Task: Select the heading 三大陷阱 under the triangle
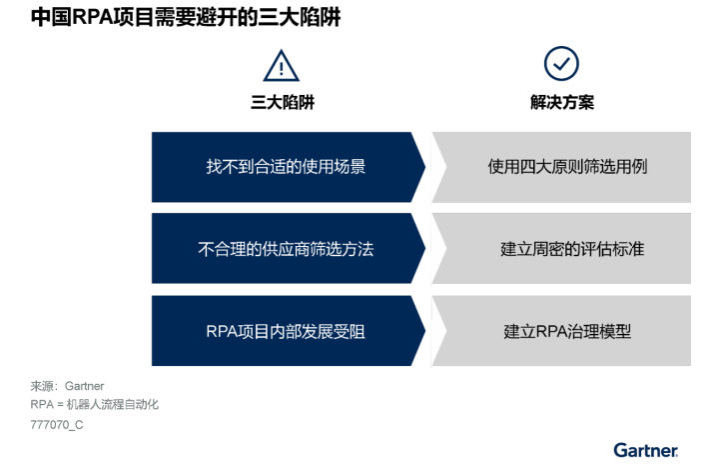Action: pyautogui.click(x=283, y=102)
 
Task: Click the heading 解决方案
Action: pyautogui.click(x=562, y=102)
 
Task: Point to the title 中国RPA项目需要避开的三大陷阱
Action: pyautogui.click(x=186, y=17)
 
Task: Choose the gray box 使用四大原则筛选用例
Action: pyautogui.click(x=561, y=167)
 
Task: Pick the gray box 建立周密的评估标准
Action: pyautogui.click(x=561, y=248)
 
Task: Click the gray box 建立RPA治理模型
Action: pyautogui.click(x=561, y=331)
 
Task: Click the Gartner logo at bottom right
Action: pyautogui.click(x=645, y=450)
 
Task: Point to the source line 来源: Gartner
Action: pyautogui.click(x=67, y=386)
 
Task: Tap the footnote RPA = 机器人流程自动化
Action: pyautogui.click(x=95, y=404)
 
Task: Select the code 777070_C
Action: pyautogui.click(x=57, y=425)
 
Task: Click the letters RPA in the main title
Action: pyautogui.click(x=92, y=17)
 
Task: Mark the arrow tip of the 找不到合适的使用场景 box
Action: pyautogui.click(x=425, y=167)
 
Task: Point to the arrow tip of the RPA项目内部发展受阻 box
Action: pyautogui.click(x=425, y=331)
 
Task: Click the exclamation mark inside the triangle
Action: pyautogui.click(x=282, y=68)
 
